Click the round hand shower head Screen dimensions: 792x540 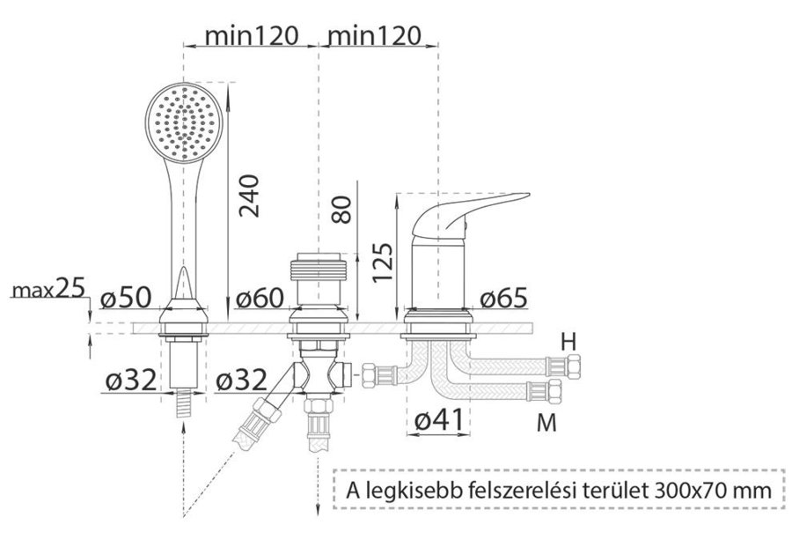tap(184, 122)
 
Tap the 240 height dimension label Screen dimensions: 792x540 tap(249, 196)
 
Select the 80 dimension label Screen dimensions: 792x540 tap(342, 210)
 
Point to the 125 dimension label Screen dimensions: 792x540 tap(383, 263)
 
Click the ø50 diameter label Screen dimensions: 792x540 tap(126, 298)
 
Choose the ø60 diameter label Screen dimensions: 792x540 tap(260, 298)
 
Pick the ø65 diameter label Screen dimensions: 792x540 tap(503, 298)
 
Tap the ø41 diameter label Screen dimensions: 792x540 tap(438, 420)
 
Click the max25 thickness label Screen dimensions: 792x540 tap(49, 289)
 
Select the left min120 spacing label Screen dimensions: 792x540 tap(252, 36)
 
